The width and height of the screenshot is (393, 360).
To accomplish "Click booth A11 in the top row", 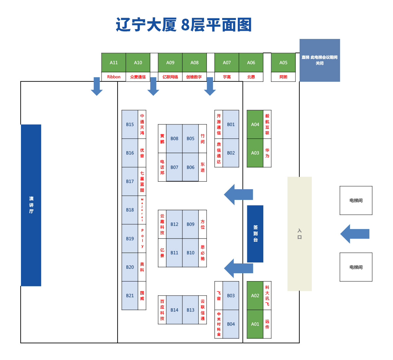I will pos(114,63).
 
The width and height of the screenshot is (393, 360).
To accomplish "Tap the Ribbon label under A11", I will pos(114,77).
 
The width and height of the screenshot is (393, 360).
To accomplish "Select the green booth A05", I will pos(283,63).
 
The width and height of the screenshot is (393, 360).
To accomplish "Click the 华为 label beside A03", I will pos(267,153).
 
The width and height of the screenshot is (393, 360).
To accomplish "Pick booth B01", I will pos(231,124).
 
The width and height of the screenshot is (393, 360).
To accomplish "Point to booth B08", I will pos(174,138).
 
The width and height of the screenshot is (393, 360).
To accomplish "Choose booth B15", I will pos(130,124).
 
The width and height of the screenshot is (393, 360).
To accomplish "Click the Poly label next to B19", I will pos(142,238).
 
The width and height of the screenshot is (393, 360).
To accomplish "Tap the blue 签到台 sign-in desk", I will pos(255,234).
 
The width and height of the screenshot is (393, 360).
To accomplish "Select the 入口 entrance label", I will pos(299,234).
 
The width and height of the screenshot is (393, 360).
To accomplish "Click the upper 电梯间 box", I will pos(356,200).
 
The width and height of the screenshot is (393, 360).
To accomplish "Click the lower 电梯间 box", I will pos(356,267).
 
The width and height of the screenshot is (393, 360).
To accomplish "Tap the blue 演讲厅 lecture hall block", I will pos(31,205).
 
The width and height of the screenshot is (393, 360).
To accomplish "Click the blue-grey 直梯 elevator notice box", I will pos(320,60).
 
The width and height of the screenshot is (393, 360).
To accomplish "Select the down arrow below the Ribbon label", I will pos(97,86).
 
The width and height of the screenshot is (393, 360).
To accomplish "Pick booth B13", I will pos(190,310).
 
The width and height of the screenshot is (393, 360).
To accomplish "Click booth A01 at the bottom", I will pos(255,324).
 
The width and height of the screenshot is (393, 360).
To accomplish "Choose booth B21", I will pos(130,296).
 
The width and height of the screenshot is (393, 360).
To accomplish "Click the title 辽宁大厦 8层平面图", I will pos(184,25).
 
